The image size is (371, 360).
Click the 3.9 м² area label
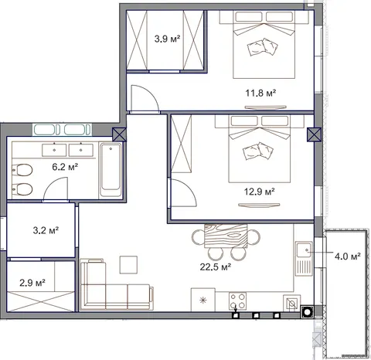pyautogui.click(x=167, y=39)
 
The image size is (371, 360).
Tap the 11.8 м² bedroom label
pyautogui.click(x=260, y=93)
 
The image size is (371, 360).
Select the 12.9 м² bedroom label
pyautogui.click(x=259, y=192)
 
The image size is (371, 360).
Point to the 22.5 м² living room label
pyautogui.click(x=215, y=267)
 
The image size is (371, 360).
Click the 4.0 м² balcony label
pyautogui.click(x=347, y=256)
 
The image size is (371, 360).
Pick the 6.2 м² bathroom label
pyautogui.click(x=65, y=167)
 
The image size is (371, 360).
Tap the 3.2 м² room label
pyautogui.click(x=46, y=230)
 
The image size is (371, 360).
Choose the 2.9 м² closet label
pyautogui.click(x=32, y=283)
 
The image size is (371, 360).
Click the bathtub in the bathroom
pyautogui.click(x=111, y=170)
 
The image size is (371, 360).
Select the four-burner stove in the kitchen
pyautogui.click(x=237, y=301)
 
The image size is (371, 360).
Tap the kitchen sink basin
pyautogui.click(x=304, y=250)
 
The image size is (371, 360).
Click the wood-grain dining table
pyautogui.click(x=226, y=236)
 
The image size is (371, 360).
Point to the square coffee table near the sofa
pyautogui.click(x=128, y=264)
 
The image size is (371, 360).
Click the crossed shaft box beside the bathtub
pyautogui.click(x=120, y=134)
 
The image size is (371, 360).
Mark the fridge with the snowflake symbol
pyautogui.click(x=203, y=300)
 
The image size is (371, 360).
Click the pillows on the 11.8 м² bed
pyautogui.click(x=263, y=47)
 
